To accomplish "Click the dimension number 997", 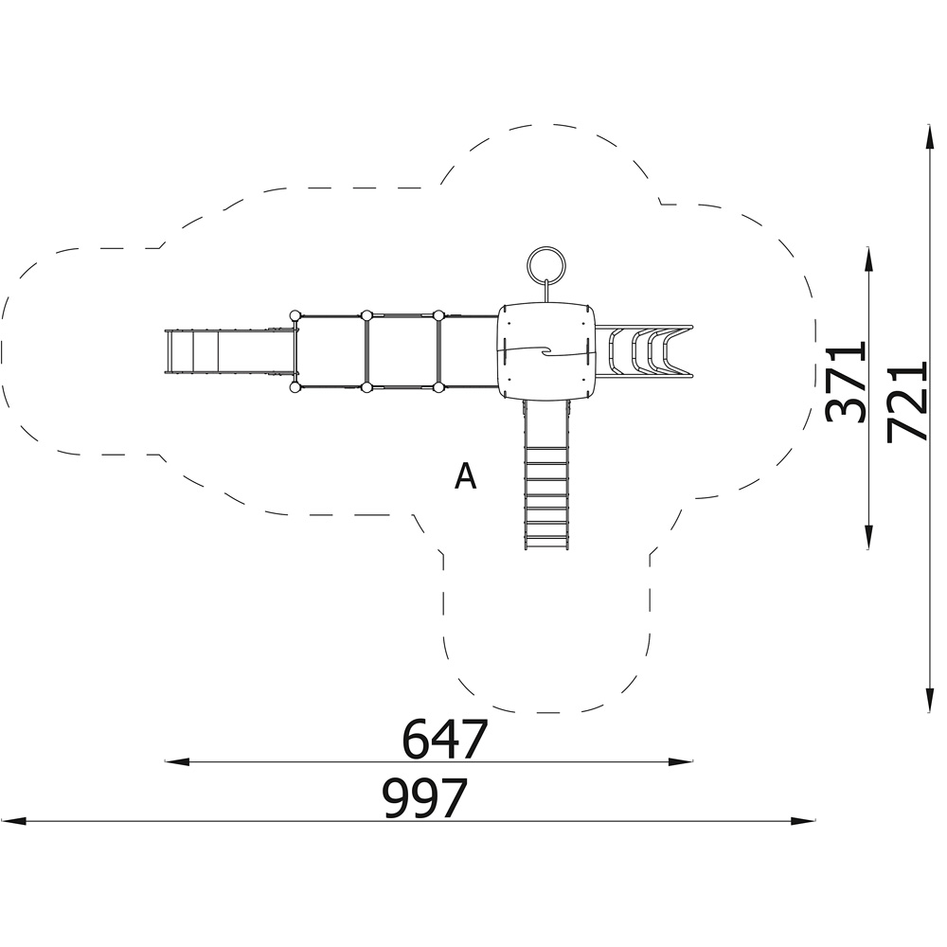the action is coord(425,797).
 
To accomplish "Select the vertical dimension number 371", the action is coord(845,383).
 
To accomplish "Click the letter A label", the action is coord(465,475).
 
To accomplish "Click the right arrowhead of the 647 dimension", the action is coord(681,761).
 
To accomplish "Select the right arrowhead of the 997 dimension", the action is coord(803,821).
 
